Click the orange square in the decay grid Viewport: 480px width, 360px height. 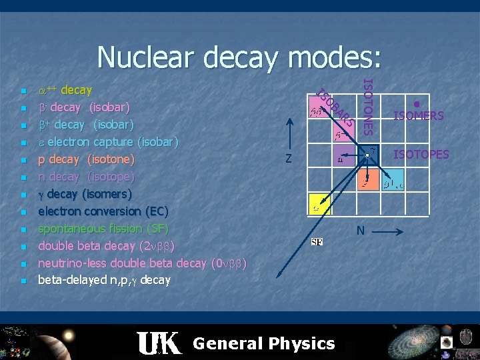pos(367,181)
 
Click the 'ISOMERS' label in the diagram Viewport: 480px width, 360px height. pos(418,116)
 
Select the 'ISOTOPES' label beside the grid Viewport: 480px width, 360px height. pos(421,155)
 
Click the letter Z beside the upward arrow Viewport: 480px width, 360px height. pos(287,159)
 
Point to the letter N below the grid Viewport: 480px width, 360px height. pos(360,231)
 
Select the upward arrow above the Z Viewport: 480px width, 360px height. pos(288,133)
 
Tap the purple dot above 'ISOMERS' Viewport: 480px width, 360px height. pos(416,103)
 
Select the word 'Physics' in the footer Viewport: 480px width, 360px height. pos(300,344)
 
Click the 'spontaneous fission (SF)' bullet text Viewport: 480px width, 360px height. pos(103,229)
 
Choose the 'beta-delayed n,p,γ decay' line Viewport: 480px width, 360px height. pos(104,280)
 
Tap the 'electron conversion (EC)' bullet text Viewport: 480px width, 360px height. pos(103,211)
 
